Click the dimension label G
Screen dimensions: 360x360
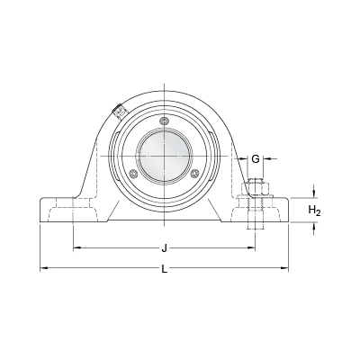pyautogui.click(x=256, y=159)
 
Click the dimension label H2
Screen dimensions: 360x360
pyautogui.click(x=315, y=211)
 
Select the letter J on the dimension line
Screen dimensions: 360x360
pyautogui.click(x=164, y=248)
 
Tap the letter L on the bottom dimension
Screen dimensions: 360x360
pyautogui.click(x=164, y=269)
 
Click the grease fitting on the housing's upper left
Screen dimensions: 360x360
pyautogui.click(x=119, y=112)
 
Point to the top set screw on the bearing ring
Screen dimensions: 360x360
pyautogui.click(x=164, y=121)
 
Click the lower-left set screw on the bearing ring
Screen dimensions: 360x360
pyautogui.click(x=133, y=173)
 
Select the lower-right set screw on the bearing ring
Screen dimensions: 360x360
pyautogui.click(x=195, y=173)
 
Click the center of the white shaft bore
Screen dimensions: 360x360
pyautogui.click(x=164, y=156)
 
